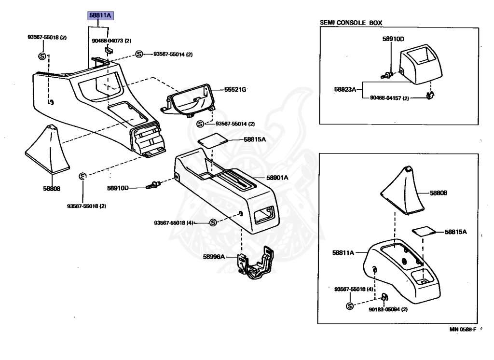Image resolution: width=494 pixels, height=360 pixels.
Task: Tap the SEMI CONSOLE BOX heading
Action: point(355,23)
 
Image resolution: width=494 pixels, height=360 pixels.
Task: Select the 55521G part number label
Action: point(235,90)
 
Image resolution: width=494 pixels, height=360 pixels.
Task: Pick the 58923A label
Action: point(344,89)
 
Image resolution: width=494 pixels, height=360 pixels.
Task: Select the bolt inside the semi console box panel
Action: point(387,75)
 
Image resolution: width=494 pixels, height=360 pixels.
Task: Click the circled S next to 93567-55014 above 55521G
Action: point(139,54)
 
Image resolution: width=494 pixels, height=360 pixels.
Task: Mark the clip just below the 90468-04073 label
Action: point(109,50)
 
